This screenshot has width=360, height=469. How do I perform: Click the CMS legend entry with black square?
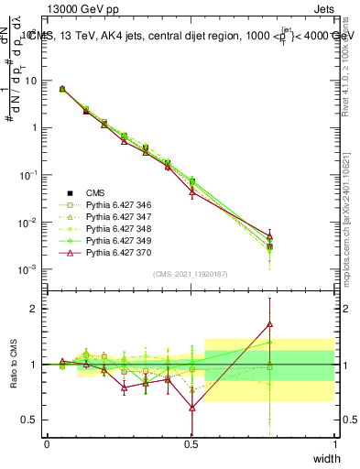coord(96,193)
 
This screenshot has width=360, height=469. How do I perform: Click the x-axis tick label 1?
coord(335,443)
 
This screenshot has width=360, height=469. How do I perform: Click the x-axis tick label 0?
coord(47,443)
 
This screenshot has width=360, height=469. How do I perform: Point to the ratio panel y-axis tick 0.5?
coord(32,420)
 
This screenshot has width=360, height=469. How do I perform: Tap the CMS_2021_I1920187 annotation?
coord(191,274)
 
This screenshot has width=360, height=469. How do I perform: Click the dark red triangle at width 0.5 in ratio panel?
coord(191,408)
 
